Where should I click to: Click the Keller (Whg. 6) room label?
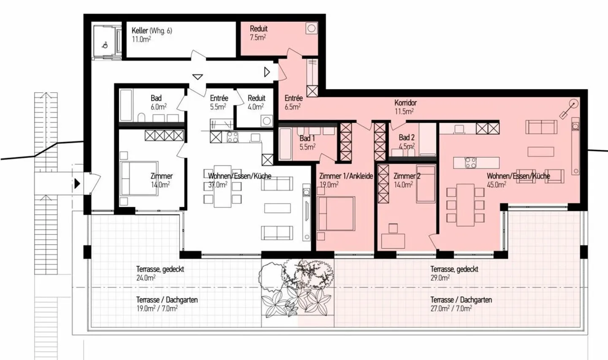tap(152, 30)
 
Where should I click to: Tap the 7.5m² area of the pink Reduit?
tap(258, 38)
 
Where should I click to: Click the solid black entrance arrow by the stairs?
tap(77, 183)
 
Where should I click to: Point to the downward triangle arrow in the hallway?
tap(198, 77)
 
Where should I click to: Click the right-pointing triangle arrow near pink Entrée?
tap(267, 72)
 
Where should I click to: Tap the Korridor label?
tap(405, 103)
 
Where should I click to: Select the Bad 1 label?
tap(307, 138)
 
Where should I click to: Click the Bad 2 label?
tap(407, 137)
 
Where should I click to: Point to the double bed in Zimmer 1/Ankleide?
tap(336, 214)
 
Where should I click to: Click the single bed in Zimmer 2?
tap(426, 184)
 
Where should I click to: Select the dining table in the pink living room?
tap(465, 205)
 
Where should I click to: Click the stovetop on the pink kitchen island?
tap(471, 163)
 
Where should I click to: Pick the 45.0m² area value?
tap(497, 185)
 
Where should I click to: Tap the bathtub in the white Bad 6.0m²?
tap(126, 105)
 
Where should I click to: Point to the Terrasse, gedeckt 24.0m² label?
tap(160, 273)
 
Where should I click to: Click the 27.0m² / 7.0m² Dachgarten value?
tap(451, 308)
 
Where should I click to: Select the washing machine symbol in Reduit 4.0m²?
tap(266, 121)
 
